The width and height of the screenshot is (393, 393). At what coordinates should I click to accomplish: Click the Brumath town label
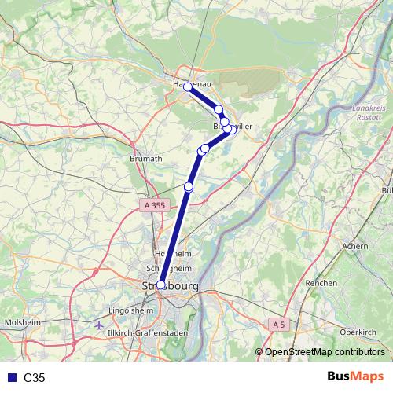click(x=145, y=158)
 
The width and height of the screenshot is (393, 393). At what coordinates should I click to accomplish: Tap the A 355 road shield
click(x=155, y=205)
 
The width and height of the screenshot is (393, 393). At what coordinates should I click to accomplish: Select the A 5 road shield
click(x=277, y=323)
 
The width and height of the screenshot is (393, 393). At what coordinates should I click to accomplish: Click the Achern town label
click(x=355, y=246)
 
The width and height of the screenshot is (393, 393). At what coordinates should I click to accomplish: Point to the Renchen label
click(x=321, y=283)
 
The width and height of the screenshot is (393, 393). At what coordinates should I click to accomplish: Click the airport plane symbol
click(x=98, y=324)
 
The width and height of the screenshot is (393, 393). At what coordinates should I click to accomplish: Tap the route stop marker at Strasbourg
click(x=161, y=285)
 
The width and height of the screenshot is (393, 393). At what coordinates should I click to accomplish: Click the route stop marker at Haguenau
click(x=188, y=87)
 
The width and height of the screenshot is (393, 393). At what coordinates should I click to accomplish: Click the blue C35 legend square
click(x=9, y=378)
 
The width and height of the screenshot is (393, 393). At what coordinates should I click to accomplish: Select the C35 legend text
click(x=35, y=378)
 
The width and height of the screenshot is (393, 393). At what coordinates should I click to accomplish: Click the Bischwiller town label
click(x=211, y=126)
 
